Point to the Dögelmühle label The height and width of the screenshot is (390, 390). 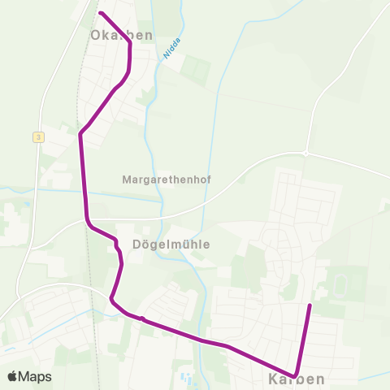171,244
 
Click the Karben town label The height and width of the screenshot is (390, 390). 297,379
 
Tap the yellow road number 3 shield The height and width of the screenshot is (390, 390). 38,137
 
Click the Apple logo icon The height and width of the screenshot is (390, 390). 12,376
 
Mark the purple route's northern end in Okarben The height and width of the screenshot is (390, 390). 100,13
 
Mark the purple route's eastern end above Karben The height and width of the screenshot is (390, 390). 310,305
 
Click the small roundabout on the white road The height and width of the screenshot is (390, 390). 305,152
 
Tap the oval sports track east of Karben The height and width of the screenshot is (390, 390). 340,284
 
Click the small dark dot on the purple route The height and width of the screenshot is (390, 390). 142,318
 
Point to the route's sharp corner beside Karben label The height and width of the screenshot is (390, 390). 297,373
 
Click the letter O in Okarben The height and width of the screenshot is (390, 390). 97,35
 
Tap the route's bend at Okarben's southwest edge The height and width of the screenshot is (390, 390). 80,135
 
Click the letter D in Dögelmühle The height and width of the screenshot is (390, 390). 136,244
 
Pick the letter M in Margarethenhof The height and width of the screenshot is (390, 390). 126,178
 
